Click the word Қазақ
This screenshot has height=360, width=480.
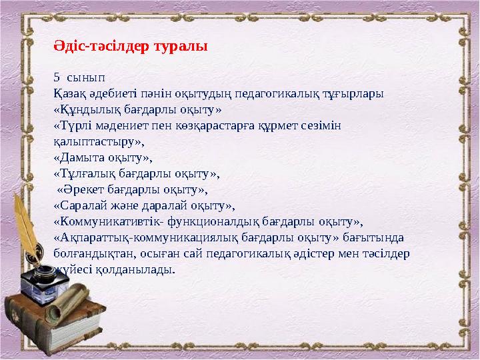[x=69, y=94]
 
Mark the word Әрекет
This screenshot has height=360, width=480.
[x=83, y=190]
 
